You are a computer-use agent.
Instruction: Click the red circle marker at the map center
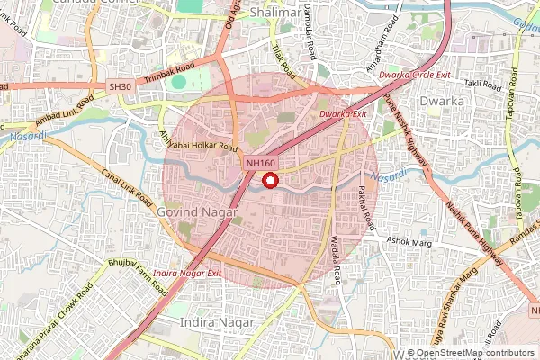coord(269,181)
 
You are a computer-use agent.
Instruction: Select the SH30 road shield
coord(120,85)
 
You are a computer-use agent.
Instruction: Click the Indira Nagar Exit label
coord(187,271)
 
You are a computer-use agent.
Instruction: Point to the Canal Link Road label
coord(123,185)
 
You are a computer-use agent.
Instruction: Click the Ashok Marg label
coord(409,241)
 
